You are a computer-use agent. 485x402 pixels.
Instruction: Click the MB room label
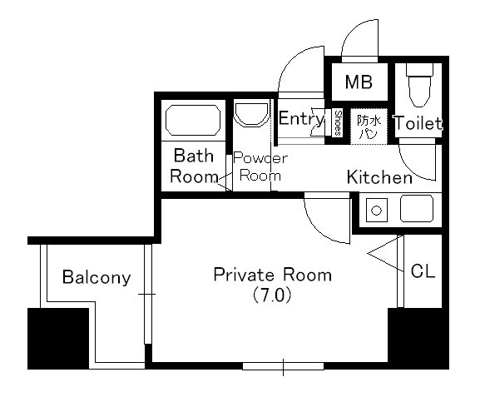359,82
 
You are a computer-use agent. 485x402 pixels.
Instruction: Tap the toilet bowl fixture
419,86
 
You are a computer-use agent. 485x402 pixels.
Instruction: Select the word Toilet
418,123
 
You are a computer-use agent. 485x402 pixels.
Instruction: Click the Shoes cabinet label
338,123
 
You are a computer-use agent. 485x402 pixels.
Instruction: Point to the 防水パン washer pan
369,127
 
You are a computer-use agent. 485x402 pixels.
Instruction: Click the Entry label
301,118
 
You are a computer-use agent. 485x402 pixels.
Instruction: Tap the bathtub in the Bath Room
193,120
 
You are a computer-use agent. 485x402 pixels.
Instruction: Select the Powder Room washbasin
251,114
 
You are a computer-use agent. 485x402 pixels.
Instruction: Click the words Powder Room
260,166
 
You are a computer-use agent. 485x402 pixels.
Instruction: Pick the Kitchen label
379,177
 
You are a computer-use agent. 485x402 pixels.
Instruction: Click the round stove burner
376,211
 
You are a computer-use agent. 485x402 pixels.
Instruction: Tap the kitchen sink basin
417,208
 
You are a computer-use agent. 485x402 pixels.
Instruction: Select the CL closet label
423,271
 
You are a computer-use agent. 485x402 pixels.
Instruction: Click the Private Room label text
273,275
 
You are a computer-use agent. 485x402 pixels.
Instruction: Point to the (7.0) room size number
272,295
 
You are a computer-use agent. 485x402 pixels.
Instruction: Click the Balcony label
97,277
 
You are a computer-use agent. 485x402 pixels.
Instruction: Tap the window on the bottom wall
283,366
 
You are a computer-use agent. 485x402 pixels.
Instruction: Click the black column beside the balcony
58,339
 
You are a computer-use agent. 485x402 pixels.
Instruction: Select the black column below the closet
418,339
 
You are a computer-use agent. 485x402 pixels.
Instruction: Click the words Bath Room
194,166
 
